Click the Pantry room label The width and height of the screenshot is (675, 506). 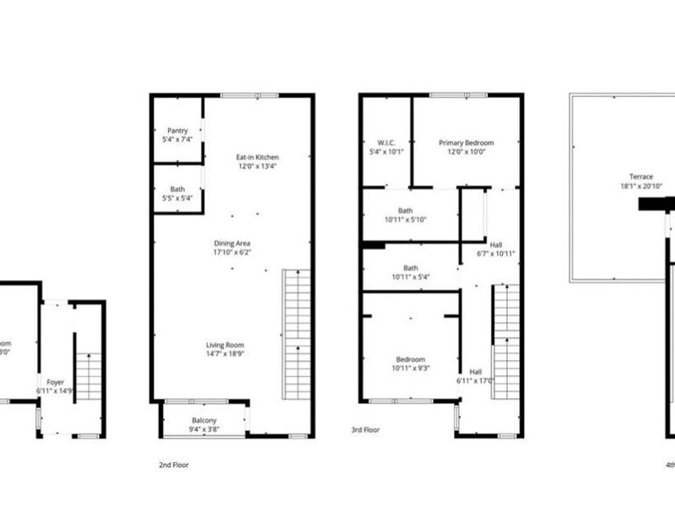point(177,134)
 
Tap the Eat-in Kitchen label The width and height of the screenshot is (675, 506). point(257,161)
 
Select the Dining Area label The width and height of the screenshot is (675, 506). point(231,247)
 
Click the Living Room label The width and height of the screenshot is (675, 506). point(225,349)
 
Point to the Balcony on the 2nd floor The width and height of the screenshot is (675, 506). point(203,424)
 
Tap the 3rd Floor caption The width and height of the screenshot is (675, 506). point(365,430)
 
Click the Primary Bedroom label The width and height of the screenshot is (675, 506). point(466,148)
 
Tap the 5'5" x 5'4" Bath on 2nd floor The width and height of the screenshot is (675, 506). point(177,193)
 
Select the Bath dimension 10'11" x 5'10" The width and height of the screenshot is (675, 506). point(405,215)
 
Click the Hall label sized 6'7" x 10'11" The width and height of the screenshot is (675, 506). point(496,248)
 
